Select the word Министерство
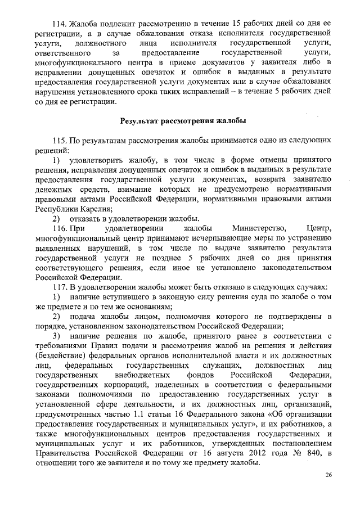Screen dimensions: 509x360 click(258, 228)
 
